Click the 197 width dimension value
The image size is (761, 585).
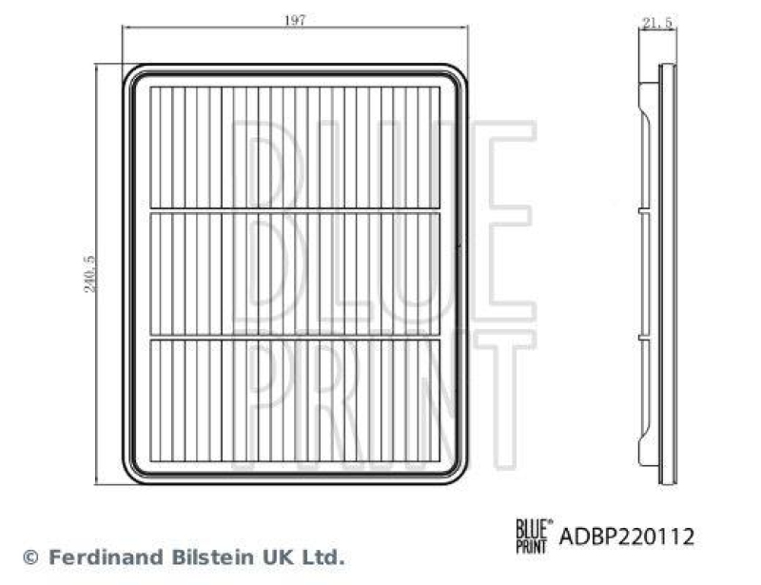coord(295,21)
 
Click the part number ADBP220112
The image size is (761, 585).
coord(626,536)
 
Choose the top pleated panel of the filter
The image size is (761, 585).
coord(295,146)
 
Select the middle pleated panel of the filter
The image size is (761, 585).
coord(295,273)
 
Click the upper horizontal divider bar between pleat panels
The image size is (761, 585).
coord(295,209)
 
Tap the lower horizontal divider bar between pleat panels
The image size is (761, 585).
coord(295,337)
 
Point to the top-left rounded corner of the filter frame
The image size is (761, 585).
coord(133,75)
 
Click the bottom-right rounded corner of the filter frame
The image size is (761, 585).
coord(459,473)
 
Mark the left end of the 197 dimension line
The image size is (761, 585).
coord(124,29)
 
